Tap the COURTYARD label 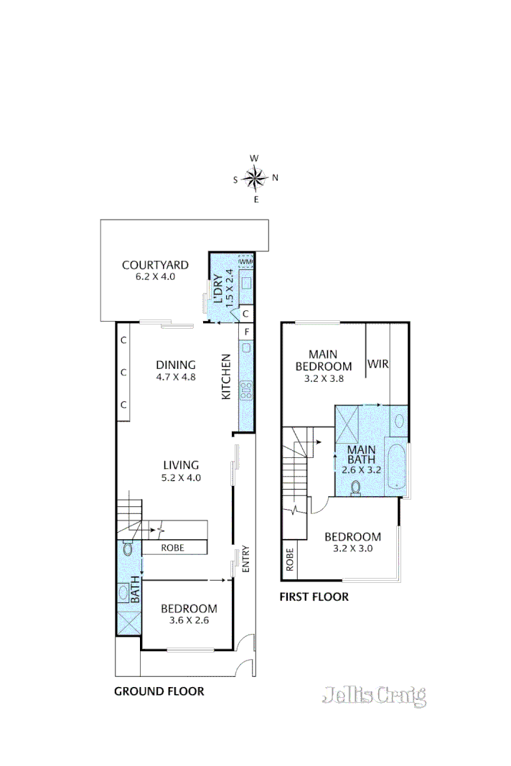[155, 264]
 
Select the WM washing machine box [245, 261]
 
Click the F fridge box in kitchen [246, 332]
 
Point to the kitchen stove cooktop [246, 390]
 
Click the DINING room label [175, 365]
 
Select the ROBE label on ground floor [173, 548]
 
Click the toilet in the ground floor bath [127, 550]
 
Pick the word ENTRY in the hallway [245, 559]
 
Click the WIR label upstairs [378, 365]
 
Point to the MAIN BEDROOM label [324, 360]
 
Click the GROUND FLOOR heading [159, 692]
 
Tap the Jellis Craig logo [374, 695]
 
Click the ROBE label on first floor [290, 559]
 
